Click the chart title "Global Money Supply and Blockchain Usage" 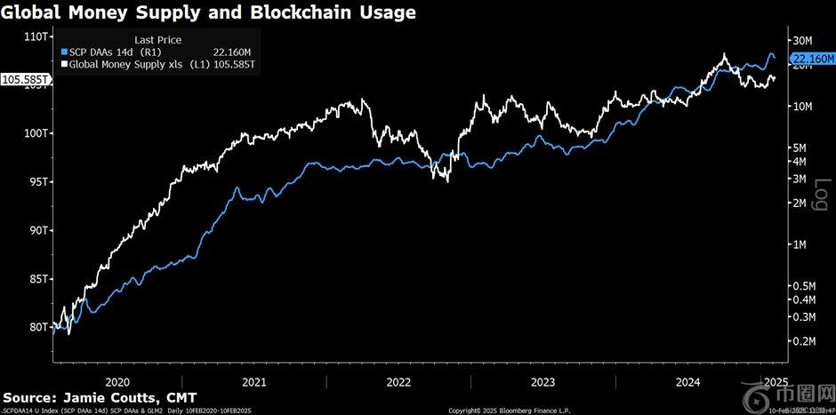pyautogui.click(x=208, y=12)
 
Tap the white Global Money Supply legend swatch pyautogui.click(x=63, y=65)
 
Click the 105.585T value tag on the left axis pyautogui.click(x=27, y=79)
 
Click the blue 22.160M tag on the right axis pyautogui.click(x=810, y=58)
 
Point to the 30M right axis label pyautogui.click(x=805, y=41)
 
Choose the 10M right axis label pyautogui.click(x=805, y=107)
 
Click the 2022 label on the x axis pyautogui.click(x=397, y=382)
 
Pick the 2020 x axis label pyautogui.click(x=119, y=382)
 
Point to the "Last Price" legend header pyautogui.click(x=157, y=40)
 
